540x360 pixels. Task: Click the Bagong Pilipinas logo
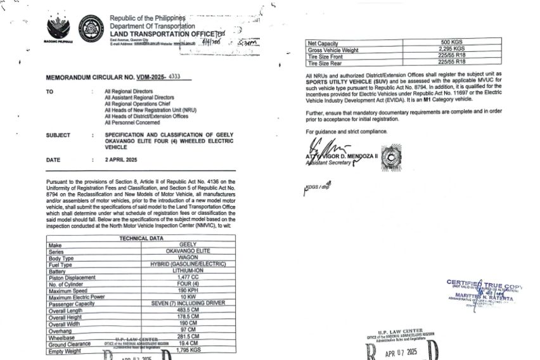[60, 29]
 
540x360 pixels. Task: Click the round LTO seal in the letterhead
[91, 29]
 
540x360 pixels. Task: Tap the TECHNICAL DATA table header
[141, 238]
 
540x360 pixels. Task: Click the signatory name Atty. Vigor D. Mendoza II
[342, 155]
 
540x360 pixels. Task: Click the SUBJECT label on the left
[58, 135]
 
